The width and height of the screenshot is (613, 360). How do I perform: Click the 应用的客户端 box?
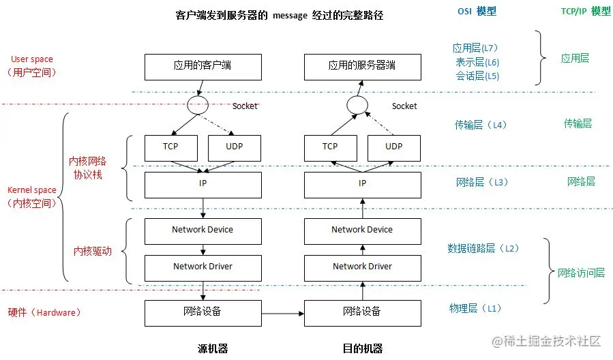coord(203,66)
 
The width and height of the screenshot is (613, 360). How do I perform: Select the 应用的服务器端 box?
coord(362,66)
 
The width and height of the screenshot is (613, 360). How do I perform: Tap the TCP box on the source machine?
coord(170,147)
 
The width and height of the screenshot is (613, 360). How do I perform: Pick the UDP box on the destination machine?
coord(393,147)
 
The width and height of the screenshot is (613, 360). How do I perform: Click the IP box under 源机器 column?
coord(203,184)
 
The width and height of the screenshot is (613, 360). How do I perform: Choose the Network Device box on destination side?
coord(362,230)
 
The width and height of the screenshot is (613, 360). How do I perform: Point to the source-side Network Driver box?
coord(203,267)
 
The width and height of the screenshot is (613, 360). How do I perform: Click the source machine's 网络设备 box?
coord(203,312)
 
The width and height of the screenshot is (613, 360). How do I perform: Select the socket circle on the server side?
coord(357,106)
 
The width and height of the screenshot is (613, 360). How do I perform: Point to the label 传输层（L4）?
coord(481,125)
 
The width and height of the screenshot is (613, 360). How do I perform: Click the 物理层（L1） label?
coord(475,308)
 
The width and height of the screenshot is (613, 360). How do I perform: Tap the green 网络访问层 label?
coord(581,273)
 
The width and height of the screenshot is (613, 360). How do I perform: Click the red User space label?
coord(32,59)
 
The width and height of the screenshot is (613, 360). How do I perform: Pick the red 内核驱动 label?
coord(92,251)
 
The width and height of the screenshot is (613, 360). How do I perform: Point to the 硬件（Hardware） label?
coord(45,312)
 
